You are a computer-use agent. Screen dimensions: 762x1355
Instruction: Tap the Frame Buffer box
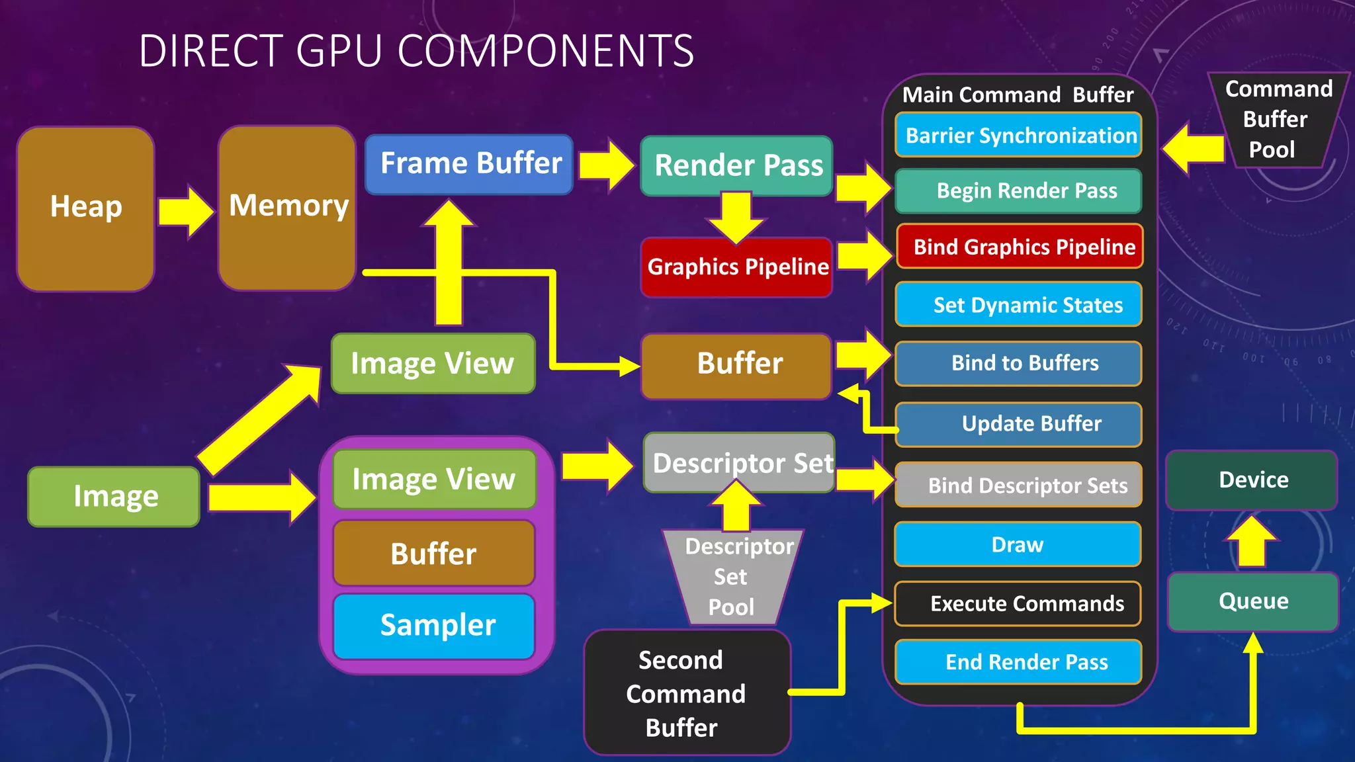click(470, 164)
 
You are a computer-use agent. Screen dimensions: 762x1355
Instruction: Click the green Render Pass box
click(736, 165)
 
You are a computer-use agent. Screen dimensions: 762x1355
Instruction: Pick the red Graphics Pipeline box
click(736, 267)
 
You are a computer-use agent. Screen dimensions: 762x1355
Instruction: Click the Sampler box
click(435, 626)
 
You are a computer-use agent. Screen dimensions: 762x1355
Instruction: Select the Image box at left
click(114, 497)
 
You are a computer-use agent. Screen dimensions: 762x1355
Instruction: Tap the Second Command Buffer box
click(686, 693)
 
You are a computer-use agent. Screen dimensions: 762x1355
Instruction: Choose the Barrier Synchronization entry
click(1019, 136)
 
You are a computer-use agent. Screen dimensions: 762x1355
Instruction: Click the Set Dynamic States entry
click(1019, 305)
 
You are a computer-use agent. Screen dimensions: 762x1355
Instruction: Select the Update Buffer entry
click(1019, 424)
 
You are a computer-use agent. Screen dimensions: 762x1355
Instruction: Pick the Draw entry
click(1018, 544)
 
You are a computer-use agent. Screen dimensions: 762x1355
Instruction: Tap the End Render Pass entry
click(1019, 661)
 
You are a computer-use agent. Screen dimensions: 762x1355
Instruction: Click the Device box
click(1252, 480)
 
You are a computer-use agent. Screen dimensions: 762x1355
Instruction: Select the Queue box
click(1253, 601)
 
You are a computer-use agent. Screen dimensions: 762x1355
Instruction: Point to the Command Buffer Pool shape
click(1277, 120)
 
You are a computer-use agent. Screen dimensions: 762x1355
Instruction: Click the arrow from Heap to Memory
click(186, 212)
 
